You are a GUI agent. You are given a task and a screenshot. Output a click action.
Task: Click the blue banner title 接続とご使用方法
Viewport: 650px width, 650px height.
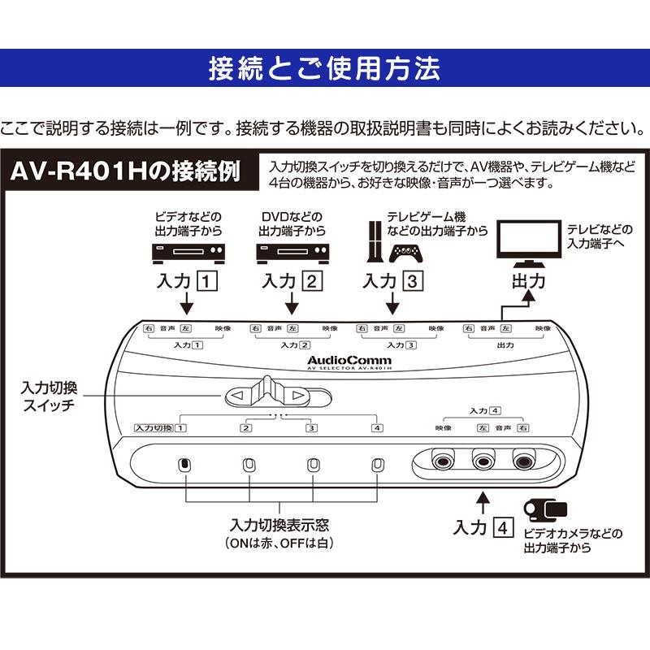pyautogui.click(x=324, y=68)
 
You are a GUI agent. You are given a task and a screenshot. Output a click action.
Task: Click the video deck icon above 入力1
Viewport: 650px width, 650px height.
pyautogui.click(x=188, y=253)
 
